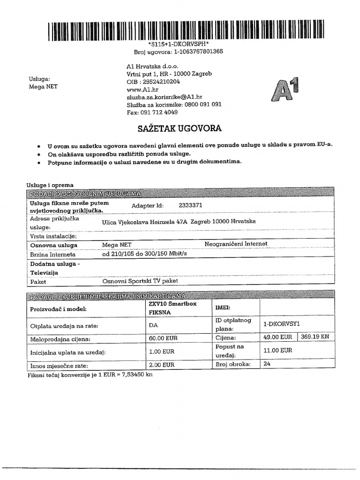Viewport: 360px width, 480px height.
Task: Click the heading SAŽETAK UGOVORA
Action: [x=180, y=128]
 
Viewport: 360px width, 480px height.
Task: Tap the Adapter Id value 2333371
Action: [x=190, y=205]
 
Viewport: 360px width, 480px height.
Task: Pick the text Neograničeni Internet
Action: [x=236, y=244]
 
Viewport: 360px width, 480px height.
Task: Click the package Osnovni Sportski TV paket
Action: [x=140, y=282]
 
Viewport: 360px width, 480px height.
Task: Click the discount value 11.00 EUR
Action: [x=278, y=350]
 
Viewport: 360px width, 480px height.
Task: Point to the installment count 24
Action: [x=268, y=363]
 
